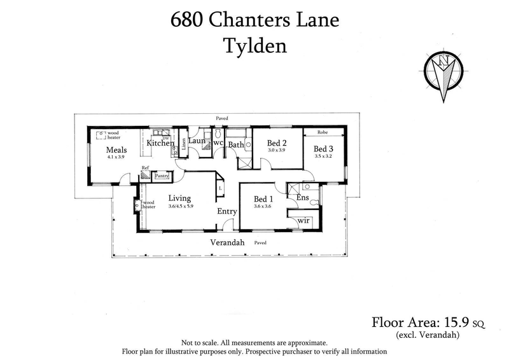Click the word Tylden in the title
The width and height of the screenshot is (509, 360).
pyautogui.click(x=254, y=46)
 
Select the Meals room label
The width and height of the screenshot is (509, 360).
pyautogui.click(x=116, y=150)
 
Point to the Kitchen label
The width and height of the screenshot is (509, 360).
pyautogui.click(x=160, y=143)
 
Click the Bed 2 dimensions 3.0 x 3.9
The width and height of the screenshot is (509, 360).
pyautogui.click(x=277, y=150)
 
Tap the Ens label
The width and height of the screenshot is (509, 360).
pyautogui.click(x=303, y=198)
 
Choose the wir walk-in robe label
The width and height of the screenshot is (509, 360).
pyautogui.click(x=303, y=220)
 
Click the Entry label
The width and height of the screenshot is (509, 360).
pyautogui.click(x=227, y=212)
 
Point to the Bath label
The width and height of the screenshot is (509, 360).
pyautogui.click(x=236, y=144)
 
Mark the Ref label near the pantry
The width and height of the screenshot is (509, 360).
pyautogui.click(x=145, y=169)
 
